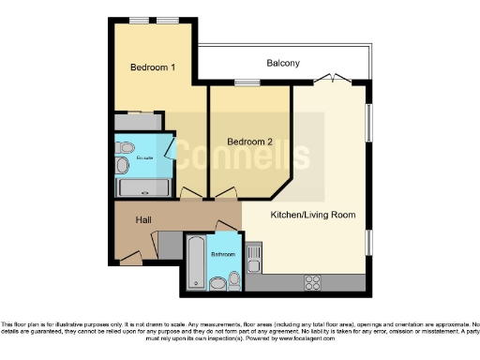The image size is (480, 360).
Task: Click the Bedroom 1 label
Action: (x=152, y=67)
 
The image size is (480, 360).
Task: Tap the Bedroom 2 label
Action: (x=247, y=142)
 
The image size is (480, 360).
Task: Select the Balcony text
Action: (x=283, y=63)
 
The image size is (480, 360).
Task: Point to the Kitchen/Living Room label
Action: (x=313, y=215)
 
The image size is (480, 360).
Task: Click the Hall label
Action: (x=143, y=219)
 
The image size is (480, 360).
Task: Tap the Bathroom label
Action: (x=223, y=254)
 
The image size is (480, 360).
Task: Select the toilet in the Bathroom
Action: (x=217, y=281)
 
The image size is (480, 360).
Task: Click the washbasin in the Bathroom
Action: (x=234, y=279)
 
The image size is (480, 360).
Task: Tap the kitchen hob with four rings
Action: (x=313, y=281)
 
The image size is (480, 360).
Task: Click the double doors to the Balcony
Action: (x=330, y=79)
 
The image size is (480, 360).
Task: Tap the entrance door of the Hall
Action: (x=132, y=255)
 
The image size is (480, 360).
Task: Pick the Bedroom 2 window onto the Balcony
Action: (x=247, y=82)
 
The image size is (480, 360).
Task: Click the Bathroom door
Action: (x=227, y=226)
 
